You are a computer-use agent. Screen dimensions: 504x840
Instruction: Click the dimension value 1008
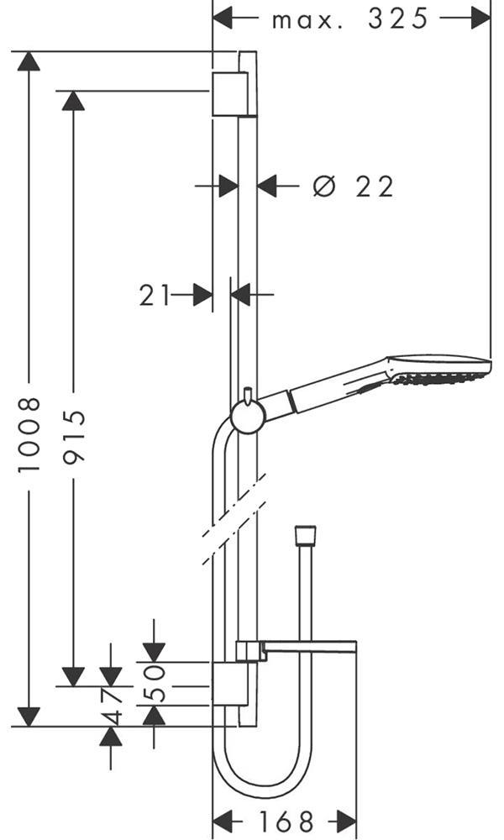29,434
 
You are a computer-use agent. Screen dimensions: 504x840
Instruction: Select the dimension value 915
73,438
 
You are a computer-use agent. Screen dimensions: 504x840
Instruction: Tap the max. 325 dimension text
350,19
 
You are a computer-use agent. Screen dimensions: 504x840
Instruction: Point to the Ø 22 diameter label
353,186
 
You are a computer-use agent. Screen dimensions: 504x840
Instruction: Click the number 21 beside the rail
155,295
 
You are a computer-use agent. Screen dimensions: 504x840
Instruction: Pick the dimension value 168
286,821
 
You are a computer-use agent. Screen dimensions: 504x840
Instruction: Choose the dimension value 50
155,684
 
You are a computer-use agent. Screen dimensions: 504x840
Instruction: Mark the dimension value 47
112,706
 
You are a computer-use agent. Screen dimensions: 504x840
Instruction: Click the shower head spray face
442,379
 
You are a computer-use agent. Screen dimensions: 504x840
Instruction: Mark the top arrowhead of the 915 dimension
73,101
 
